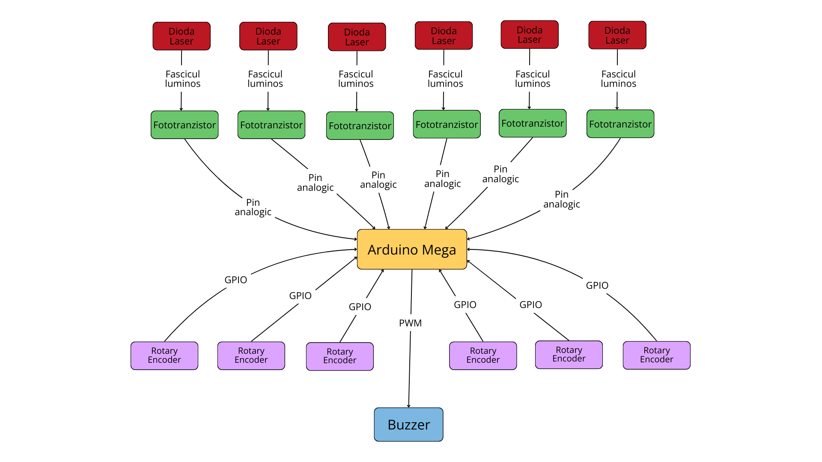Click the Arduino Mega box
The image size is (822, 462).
click(x=412, y=249)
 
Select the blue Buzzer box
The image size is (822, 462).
click(x=408, y=424)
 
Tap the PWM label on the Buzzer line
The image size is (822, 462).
click(x=410, y=323)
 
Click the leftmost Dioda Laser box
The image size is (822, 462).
click(x=182, y=36)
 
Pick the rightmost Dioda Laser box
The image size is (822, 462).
click(x=617, y=35)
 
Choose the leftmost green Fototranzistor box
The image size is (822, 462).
click(x=185, y=125)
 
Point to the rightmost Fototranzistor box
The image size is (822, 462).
click(x=620, y=124)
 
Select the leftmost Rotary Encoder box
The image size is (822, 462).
click(x=164, y=355)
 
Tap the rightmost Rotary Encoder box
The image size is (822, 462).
click(x=657, y=355)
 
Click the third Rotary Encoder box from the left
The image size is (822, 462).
click(x=340, y=356)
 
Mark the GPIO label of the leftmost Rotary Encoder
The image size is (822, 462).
click(x=236, y=280)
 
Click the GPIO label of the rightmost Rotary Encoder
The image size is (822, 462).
click(x=597, y=285)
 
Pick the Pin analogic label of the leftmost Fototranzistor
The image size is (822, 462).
click(x=253, y=207)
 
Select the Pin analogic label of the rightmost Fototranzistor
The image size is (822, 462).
click(x=562, y=199)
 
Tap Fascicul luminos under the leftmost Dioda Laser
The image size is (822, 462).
click(x=183, y=79)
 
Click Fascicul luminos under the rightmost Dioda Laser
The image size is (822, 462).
click(x=619, y=79)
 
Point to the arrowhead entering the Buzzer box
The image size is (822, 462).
click(x=409, y=406)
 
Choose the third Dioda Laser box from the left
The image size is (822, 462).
click(x=357, y=37)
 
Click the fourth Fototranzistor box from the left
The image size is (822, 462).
click(x=447, y=124)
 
